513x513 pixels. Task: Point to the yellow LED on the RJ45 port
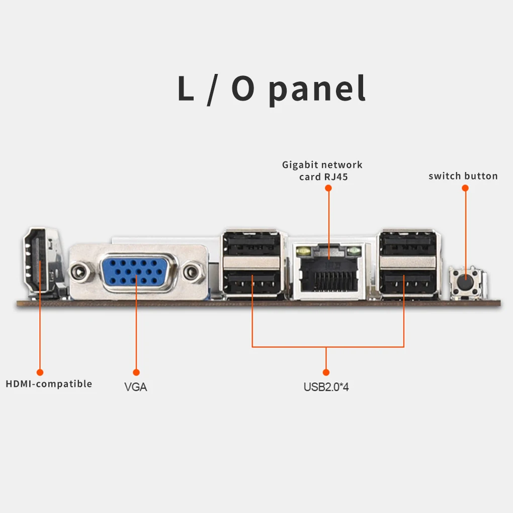(x=304, y=250)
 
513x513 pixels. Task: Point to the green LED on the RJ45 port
(x=354, y=250)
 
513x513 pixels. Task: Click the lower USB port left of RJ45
(x=251, y=283)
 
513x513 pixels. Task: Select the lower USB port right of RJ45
(x=407, y=283)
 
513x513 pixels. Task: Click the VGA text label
(x=136, y=387)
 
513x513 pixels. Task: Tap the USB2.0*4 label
(x=326, y=387)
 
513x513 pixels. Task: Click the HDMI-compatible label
(x=49, y=384)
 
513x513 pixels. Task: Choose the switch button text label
(x=463, y=176)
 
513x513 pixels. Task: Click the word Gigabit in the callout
(x=300, y=164)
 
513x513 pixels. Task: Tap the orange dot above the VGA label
(x=136, y=372)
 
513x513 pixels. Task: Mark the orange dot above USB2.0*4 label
(x=326, y=372)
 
